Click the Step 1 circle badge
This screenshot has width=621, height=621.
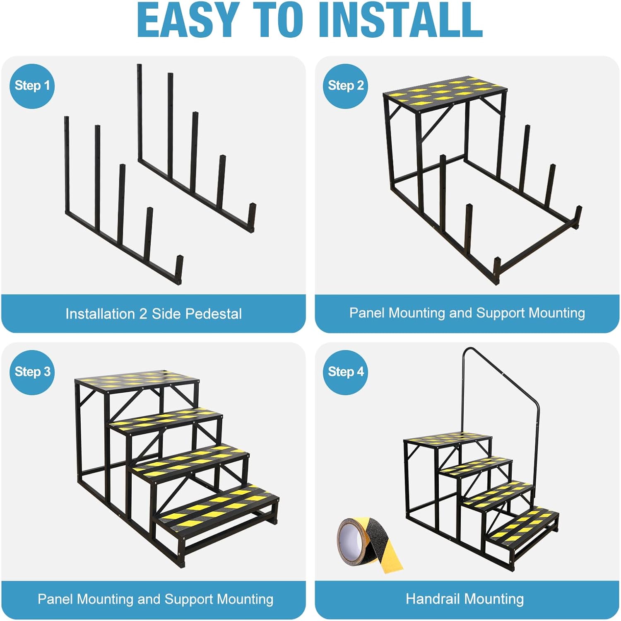coord(32,86)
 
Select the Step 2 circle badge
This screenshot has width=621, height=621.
coord(345,86)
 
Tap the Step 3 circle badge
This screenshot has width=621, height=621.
coord(32,372)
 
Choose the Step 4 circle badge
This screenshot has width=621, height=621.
coord(345,372)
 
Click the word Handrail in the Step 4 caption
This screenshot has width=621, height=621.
coord(433,599)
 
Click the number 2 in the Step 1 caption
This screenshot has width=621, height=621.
coord(143,314)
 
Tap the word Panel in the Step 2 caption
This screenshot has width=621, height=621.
coord(367,313)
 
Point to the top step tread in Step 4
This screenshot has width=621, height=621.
coord(448,438)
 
